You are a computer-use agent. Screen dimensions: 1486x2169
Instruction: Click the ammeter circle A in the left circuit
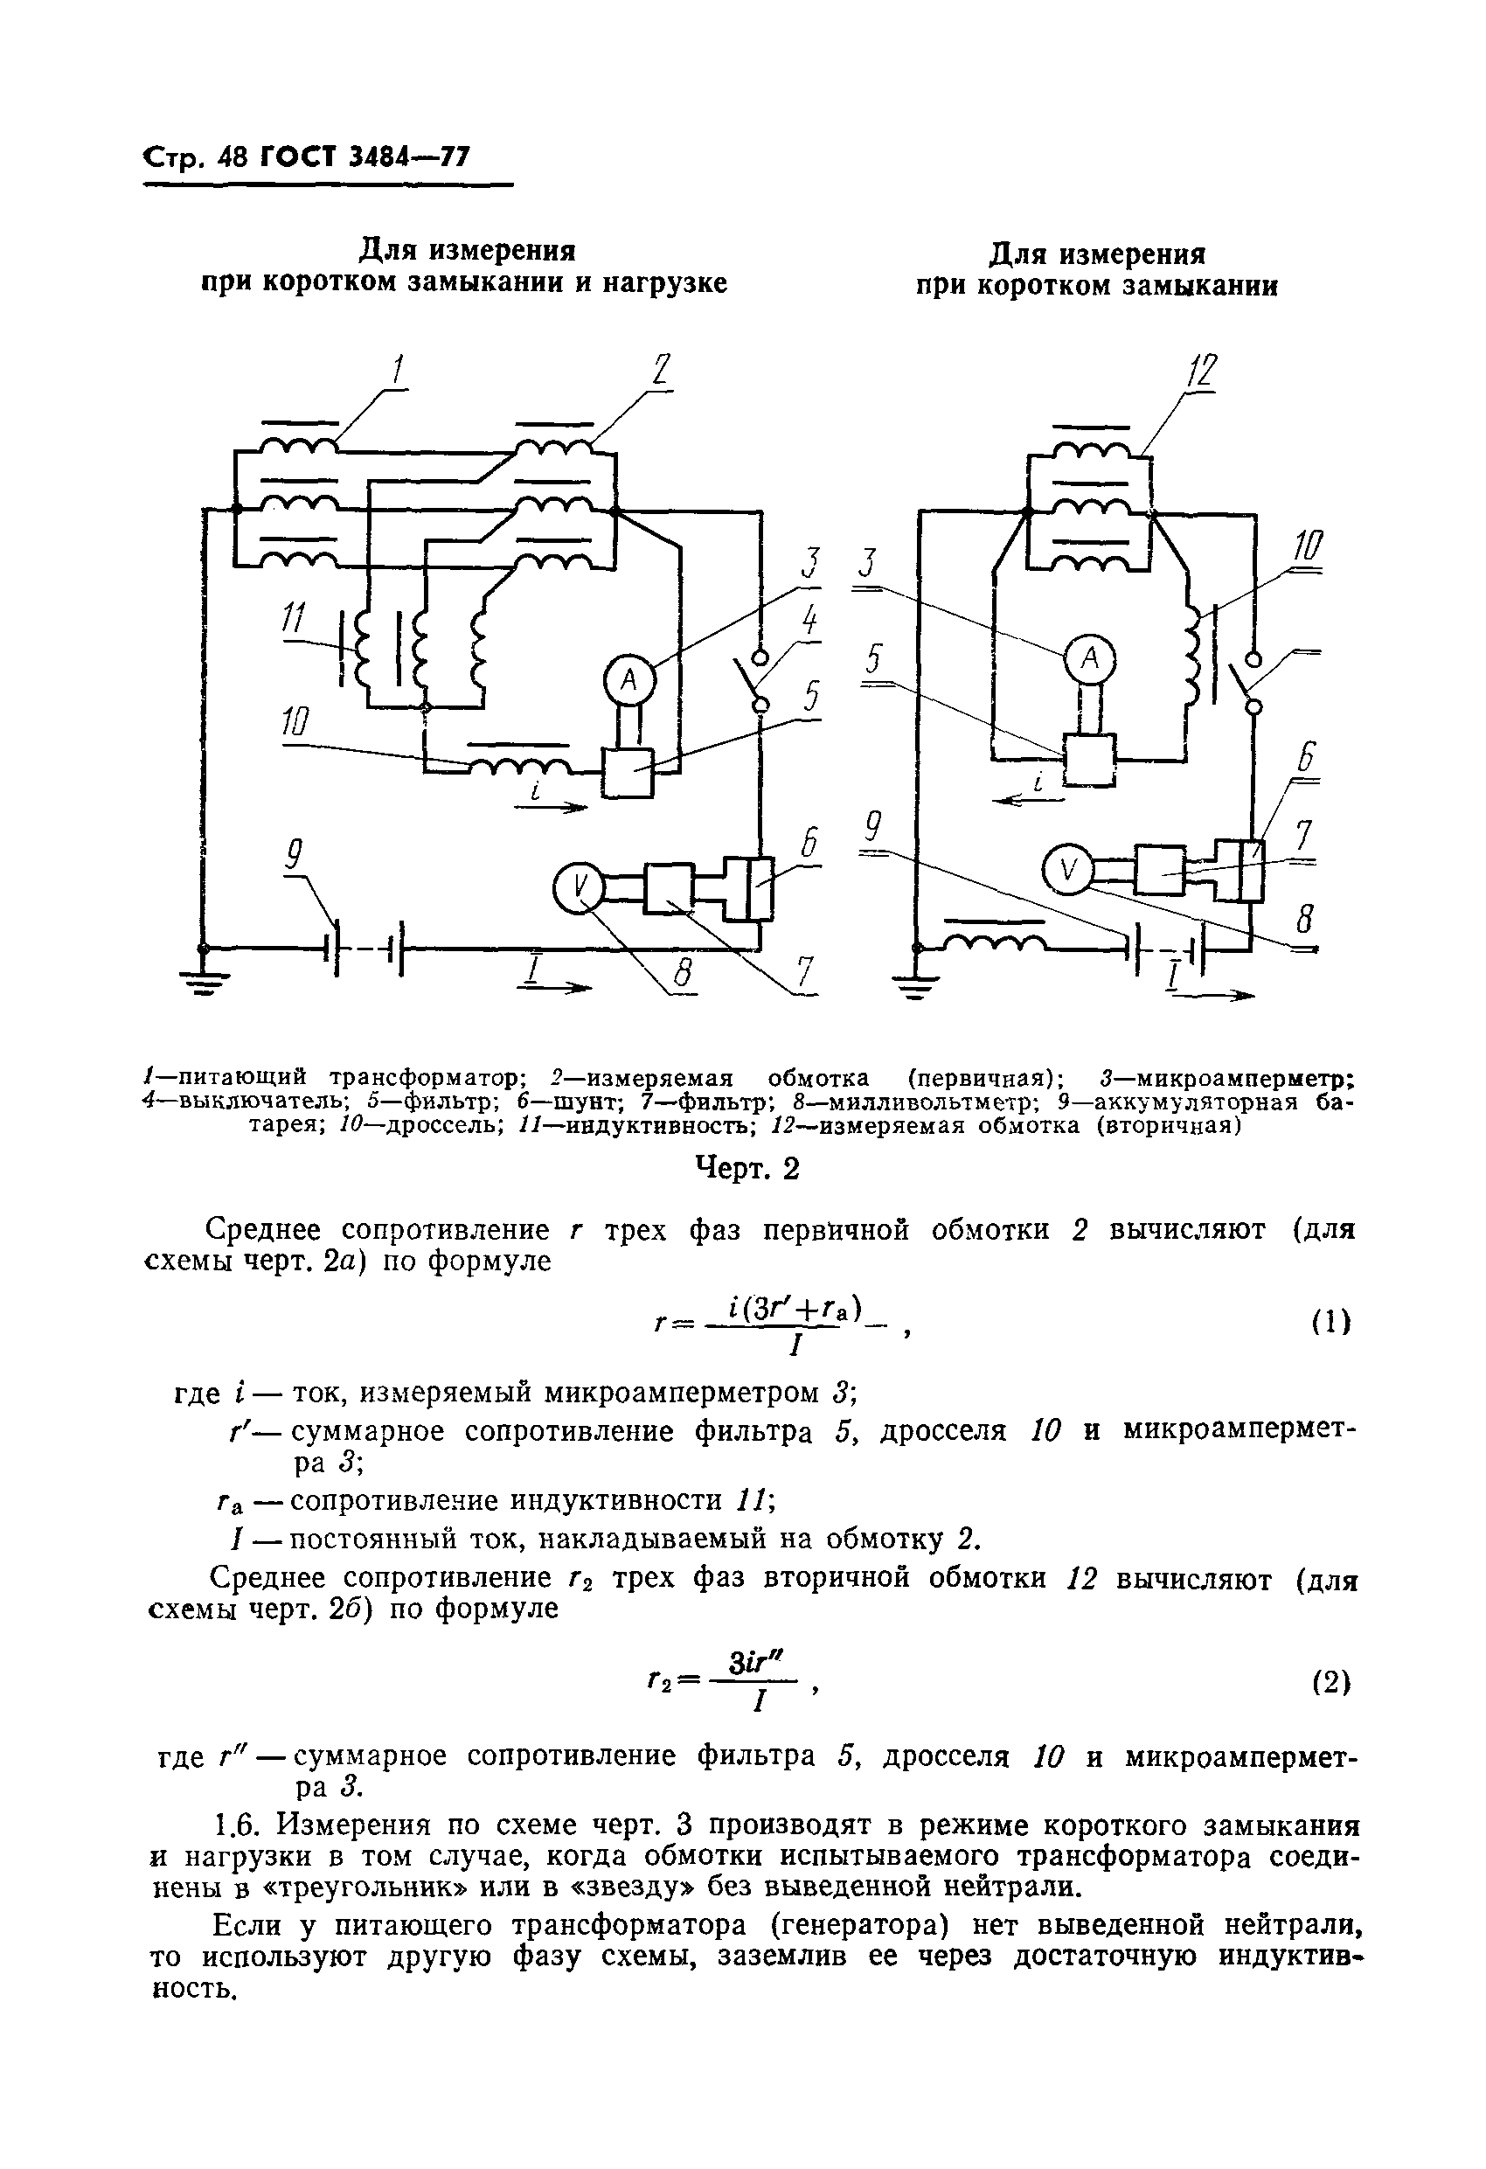[x=628, y=680]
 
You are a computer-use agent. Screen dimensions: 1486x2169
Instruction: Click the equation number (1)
[x=1331, y=1322]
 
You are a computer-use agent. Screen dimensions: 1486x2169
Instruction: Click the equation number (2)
[x=1331, y=1682]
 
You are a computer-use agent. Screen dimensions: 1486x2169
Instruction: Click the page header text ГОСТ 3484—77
[x=364, y=157]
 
